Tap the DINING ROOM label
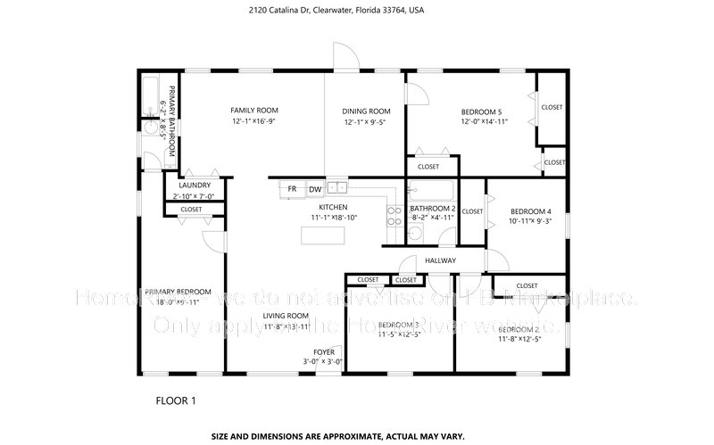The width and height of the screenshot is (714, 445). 367,111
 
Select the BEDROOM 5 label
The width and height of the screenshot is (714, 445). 483,111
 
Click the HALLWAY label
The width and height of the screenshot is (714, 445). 440,260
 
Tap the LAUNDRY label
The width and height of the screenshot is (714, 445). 194,185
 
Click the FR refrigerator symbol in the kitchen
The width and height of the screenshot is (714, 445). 291,189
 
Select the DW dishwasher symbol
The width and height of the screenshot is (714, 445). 315,189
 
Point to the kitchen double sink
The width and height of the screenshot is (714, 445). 336,187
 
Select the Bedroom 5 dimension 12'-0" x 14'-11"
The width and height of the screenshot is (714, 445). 484,121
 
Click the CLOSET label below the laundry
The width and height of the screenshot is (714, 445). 191,210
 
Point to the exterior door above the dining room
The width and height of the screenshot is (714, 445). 343,56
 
